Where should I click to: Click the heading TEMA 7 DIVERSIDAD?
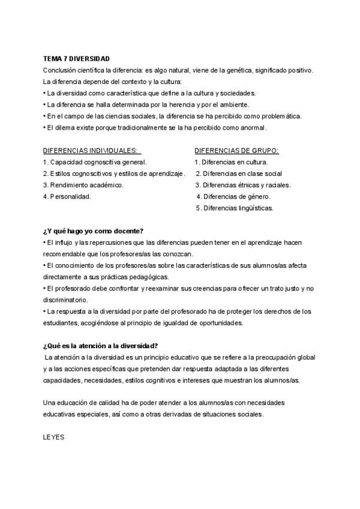click(x=76, y=59)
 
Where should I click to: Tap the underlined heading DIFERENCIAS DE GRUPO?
click(x=236, y=151)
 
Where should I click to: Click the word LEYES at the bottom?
click(x=54, y=438)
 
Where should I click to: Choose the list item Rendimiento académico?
click(x=83, y=185)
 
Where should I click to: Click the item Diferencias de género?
click(x=233, y=196)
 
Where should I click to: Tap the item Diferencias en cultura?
click(x=231, y=162)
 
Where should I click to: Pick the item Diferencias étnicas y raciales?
click(x=243, y=185)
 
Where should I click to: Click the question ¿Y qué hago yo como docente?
click(x=94, y=231)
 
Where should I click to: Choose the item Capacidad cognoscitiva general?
click(x=95, y=162)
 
